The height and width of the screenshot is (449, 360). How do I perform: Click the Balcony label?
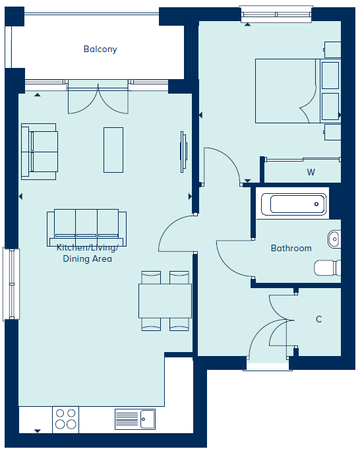coord(100,49)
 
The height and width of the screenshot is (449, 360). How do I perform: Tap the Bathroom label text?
coord(291,248)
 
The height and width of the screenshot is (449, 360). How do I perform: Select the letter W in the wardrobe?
coord(311,172)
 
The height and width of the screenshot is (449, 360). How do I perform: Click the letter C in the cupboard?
coord(318,319)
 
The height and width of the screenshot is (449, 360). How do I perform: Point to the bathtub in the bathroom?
coord(293,204)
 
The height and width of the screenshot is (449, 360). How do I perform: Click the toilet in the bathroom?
coord(327,268)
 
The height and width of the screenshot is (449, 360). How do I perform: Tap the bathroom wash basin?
coord(334,239)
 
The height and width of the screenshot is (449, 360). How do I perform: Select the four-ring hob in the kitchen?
coord(65,419)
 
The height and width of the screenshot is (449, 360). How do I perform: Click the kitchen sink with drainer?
coord(135,419)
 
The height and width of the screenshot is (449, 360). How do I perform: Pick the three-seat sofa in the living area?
coord(86,227)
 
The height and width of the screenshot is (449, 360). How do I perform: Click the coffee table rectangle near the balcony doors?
coord(113,150)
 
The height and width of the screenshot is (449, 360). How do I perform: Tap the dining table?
coord(165,301)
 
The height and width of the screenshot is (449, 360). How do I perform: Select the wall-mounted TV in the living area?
coord(183,152)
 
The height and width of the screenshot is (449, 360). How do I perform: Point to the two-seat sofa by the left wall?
coord(40,152)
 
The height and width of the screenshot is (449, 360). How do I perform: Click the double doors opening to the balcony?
coord(98,97)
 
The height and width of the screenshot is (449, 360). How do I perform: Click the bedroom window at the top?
coord(276,15)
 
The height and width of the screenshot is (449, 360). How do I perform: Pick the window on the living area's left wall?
coord(11,284)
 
